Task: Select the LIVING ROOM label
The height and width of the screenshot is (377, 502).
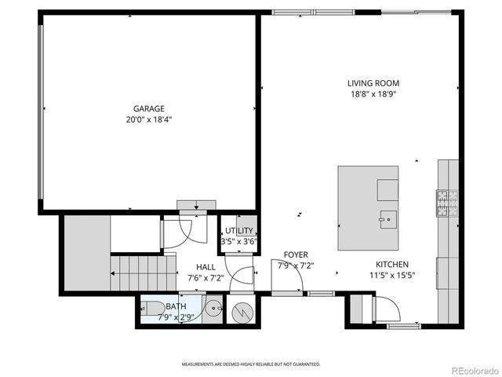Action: [373, 82]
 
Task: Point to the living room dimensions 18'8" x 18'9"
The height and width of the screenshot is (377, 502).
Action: [373, 93]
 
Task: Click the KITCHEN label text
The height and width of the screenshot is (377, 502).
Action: [391, 265]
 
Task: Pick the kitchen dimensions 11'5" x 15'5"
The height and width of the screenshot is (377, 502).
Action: [391, 276]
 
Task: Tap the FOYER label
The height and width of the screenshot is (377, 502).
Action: [296, 254]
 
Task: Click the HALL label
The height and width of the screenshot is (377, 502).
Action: [206, 267]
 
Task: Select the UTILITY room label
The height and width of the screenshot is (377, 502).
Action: [239, 230]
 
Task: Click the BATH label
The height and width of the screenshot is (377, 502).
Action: [176, 306]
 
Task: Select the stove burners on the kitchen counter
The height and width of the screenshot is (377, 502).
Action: [447, 203]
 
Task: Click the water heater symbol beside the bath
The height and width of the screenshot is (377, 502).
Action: [242, 311]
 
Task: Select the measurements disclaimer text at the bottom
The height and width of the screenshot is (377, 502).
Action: [251, 364]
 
